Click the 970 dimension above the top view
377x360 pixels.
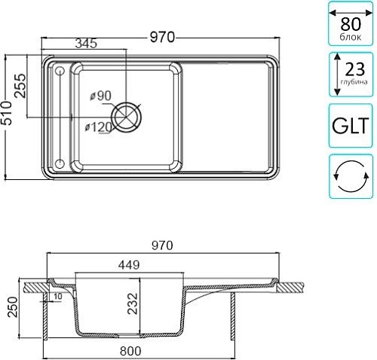point(162,37)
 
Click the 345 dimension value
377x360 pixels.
point(86,44)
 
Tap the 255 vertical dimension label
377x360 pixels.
point(20,86)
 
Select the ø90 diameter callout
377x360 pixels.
point(101,96)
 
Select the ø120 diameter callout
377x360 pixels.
point(98,127)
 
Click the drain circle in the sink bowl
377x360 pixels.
point(127,117)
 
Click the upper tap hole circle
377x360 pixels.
point(60,72)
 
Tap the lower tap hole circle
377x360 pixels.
point(60,163)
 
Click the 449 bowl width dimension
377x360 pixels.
point(129,264)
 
